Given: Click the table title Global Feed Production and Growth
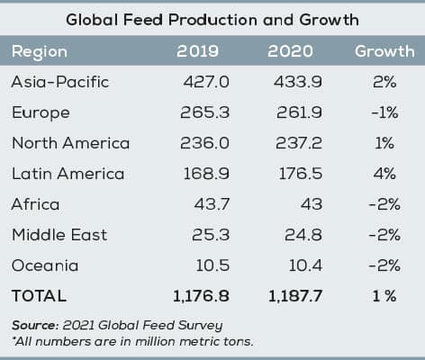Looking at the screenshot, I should click(x=212, y=19).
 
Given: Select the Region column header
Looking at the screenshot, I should click(x=39, y=51).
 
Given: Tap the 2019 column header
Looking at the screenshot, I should click(x=206, y=51).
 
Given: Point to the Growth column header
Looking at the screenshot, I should click(x=384, y=51).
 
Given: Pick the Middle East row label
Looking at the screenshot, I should click(x=59, y=235).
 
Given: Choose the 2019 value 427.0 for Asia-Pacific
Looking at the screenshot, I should click(x=207, y=82).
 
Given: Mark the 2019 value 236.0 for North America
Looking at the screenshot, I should click(x=207, y=143).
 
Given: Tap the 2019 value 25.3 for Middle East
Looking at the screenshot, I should click(x=212, y=235).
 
